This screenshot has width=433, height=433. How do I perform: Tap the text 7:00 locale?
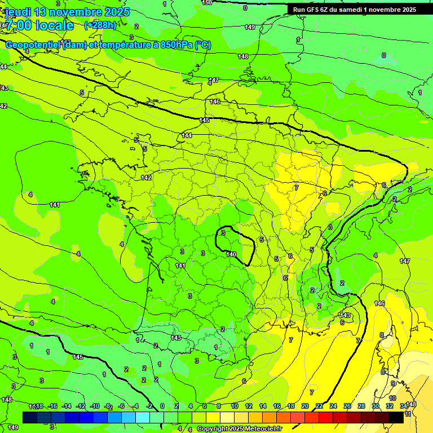coord(39,25)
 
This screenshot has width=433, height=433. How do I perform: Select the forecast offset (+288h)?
coord(100,25)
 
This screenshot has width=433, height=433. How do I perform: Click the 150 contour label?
coord(207,3)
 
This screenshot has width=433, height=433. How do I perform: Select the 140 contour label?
coord(231,254)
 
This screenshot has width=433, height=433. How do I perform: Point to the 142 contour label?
coord(146,178)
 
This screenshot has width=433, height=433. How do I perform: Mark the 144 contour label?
coord(187,136)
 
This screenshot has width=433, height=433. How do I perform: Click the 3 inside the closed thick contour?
coord(223,232)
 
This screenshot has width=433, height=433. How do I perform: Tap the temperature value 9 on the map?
coord(393,384)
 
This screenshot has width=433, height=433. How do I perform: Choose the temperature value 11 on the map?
coord(408,414)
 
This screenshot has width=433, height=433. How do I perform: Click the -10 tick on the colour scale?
coord(95,406)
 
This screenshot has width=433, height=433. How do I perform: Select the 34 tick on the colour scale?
coord(404,406)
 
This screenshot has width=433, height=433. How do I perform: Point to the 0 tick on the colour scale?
coord(162,406)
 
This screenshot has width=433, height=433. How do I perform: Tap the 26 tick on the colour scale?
coord(347,406)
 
